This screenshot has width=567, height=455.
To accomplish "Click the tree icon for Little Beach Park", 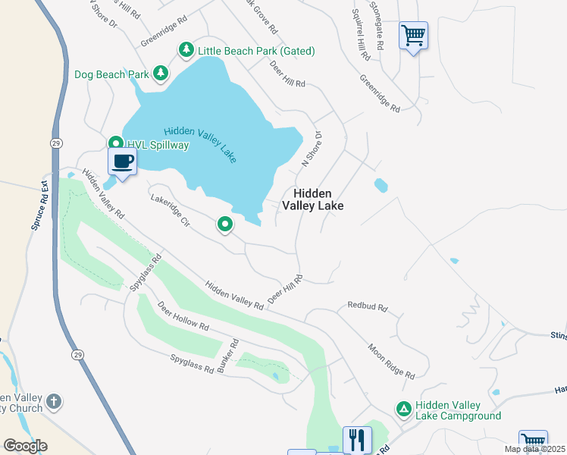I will [186, 50].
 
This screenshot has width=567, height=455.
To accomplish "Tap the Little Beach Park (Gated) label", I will [256, 51].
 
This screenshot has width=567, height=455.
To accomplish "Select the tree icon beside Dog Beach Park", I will [160, 74].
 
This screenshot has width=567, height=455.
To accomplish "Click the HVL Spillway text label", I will [158, 144].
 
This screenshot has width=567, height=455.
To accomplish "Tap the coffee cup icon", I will [123, 161].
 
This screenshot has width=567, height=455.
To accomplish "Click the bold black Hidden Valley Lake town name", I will [313, 199].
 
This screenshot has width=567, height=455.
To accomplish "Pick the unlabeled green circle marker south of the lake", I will [225, 224].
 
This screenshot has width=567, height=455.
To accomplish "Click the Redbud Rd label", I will [368, 307].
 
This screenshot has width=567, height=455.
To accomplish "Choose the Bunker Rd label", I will [227, 356].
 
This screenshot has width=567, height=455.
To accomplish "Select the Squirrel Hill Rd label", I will [361, 35].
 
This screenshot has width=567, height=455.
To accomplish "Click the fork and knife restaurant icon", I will [356, 439].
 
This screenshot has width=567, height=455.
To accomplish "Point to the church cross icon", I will [53, 400].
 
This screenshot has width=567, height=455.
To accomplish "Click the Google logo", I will [25, 446].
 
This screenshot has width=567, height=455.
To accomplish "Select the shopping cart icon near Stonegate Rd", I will [413, 34].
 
